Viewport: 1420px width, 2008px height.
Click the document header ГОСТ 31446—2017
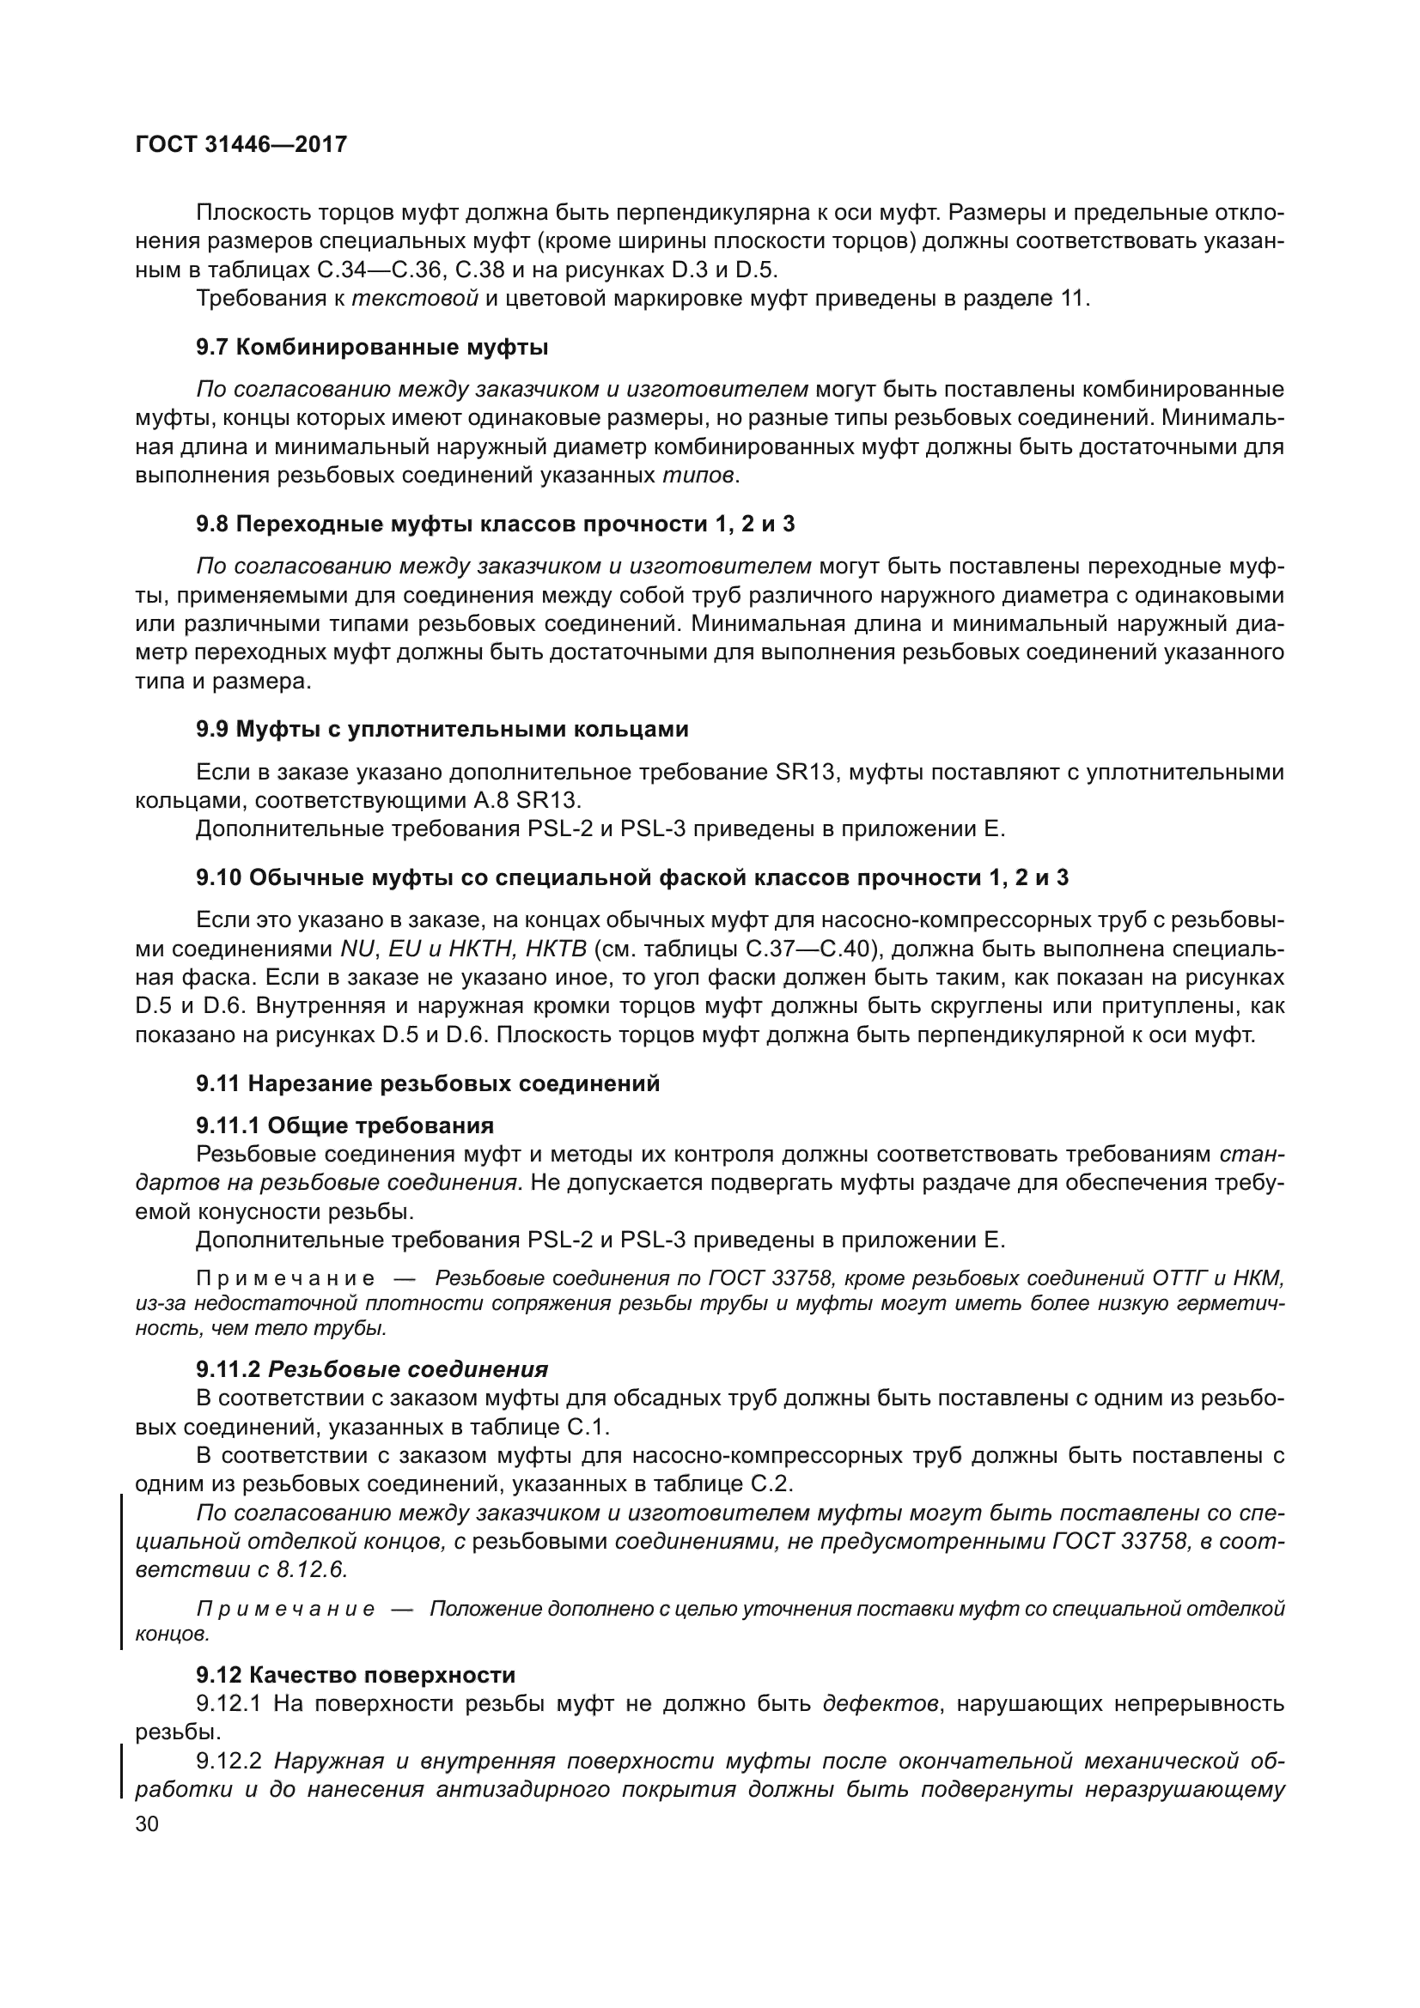click(x=241, y=144)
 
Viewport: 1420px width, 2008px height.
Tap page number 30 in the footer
click(x=147, y=1824)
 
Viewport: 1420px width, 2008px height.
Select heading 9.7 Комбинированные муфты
click(x=372, y=347)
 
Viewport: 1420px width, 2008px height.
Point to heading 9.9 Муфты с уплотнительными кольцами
click(x=442, y=729)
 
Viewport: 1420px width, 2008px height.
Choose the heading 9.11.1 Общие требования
click(x=344, y=1125)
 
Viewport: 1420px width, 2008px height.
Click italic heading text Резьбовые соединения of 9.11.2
click(x=408, y=1368)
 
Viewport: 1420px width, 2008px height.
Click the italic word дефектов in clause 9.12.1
click(x=882, y=1702)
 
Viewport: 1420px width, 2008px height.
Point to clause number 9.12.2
click(x=231, y=1760)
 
